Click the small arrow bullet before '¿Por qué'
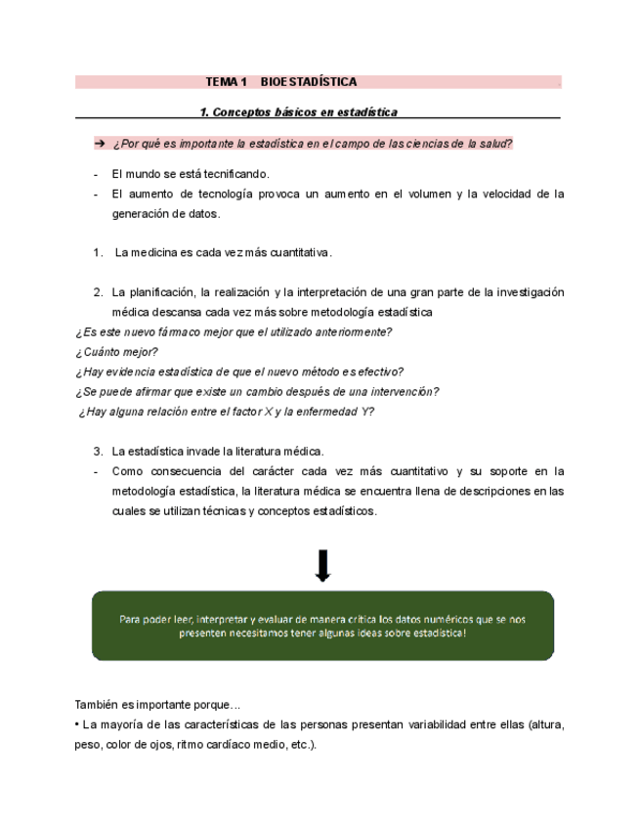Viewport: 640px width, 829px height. pyautogui.click(x=99, y=144)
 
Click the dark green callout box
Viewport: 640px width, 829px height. pyautogui.click(x=322, y=626)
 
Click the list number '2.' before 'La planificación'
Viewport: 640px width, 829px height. pyautogui.click(x=99, y=292)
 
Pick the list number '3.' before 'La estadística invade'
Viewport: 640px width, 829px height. pyautogui.click(x=99, y=452)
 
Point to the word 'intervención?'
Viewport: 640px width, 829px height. pyautogui.click(x=404, y=392)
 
